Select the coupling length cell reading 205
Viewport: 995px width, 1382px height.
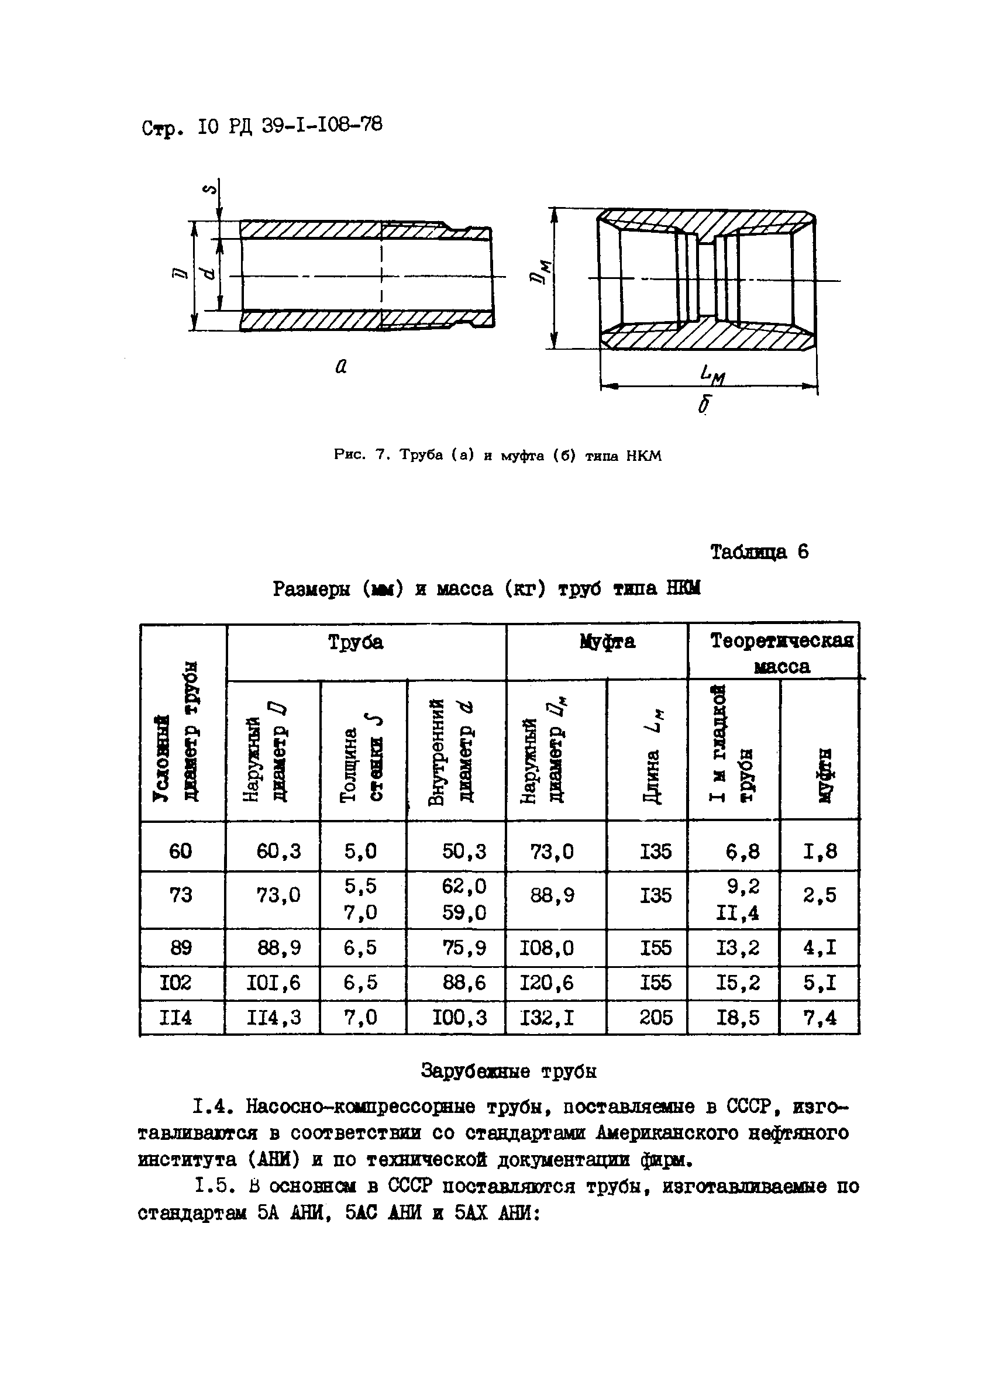coord(656,1018)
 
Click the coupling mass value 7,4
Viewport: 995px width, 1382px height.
coord(820,1018)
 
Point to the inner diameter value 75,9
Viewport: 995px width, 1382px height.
coord(464,948)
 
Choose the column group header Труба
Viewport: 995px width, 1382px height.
coord(356,642)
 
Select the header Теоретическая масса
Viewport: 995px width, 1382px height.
coord(781,653)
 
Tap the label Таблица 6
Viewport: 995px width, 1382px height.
coord(759,552)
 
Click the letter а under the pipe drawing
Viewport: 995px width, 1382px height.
coord(341,366)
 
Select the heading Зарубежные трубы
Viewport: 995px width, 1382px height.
coord(508,1071)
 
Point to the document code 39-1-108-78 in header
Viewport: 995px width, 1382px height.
coord(322,126)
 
